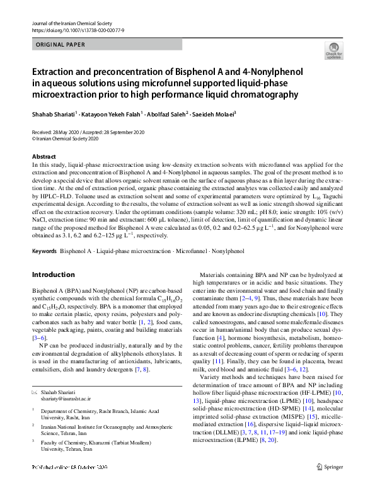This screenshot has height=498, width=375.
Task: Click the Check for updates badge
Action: pyautogui.click(x=333, y=51)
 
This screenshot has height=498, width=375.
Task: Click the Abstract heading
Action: pyautogui.click(x=44, y=156)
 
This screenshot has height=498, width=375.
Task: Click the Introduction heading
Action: pyautogui.click(x=53, y=274)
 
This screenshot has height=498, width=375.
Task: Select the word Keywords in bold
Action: pyautogui.click(x=44, y=251)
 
